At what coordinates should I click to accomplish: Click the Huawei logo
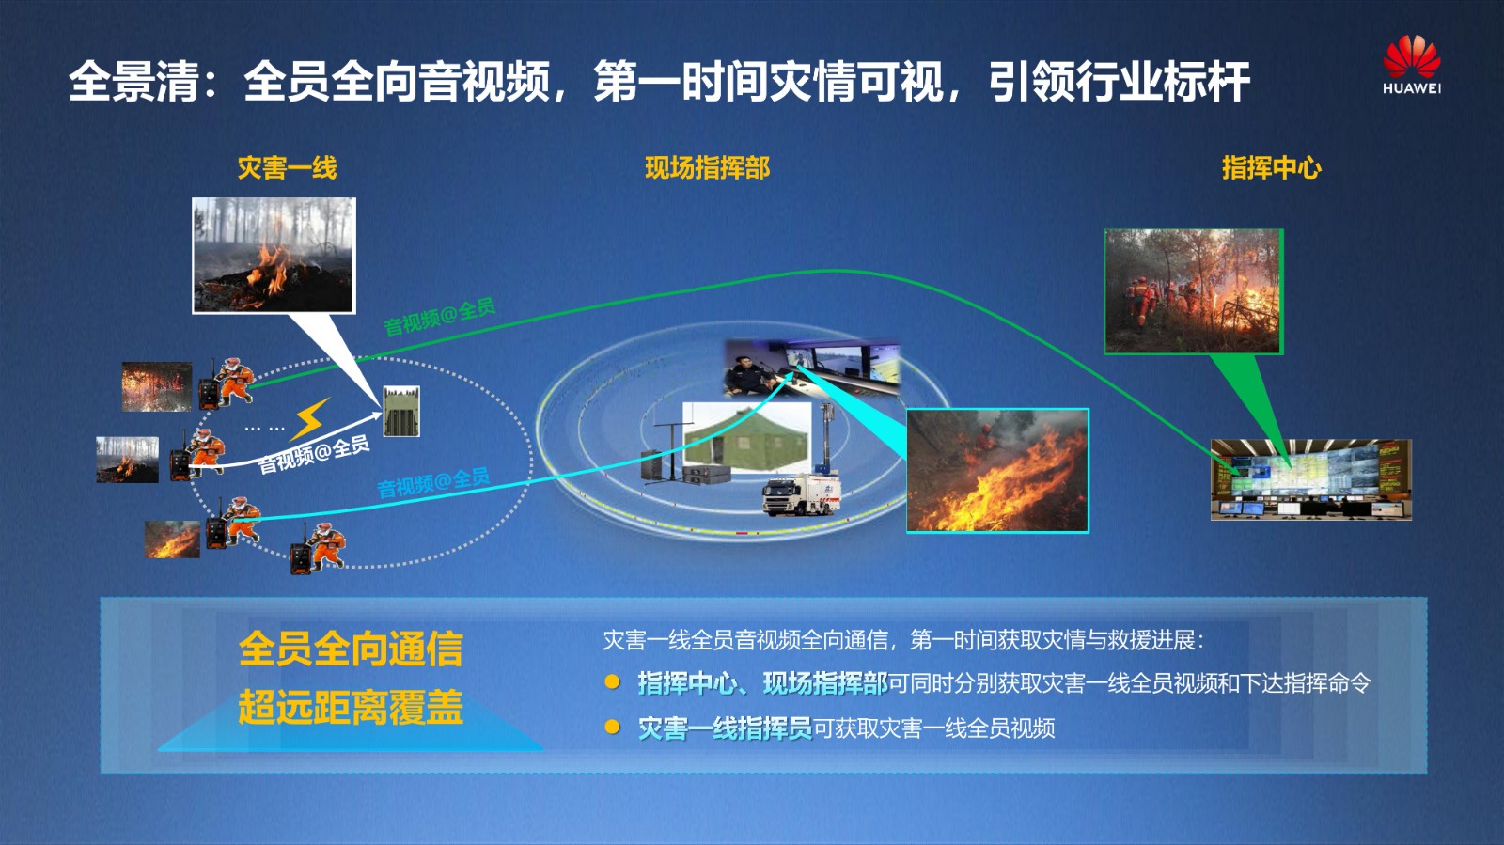pos(1411,65)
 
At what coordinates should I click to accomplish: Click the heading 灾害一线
pos(288,168)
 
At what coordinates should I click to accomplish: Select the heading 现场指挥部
pos(707,168)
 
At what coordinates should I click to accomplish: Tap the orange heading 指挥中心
pos(1271,168)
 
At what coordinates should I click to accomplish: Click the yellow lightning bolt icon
pos(310,419)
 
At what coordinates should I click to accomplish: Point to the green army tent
pos(745,437)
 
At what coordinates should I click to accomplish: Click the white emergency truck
pos(801,494)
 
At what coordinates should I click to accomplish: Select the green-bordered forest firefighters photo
pos(1194,291)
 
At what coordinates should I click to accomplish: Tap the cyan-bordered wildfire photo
pos(997,471)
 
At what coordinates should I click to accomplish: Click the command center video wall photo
pos(1310,479)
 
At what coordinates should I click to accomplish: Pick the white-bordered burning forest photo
pos(274,255)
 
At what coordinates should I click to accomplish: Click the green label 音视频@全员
pos(439,317)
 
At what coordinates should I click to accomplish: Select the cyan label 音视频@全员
pos(433,482)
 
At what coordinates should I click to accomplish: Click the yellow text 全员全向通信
pos(351,649)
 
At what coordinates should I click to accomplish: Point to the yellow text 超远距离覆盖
pos(351,707)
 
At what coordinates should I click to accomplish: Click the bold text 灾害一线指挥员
pos(725,728)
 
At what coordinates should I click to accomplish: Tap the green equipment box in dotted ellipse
pos(401,411)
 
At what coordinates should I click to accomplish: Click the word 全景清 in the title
pos(134,82)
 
